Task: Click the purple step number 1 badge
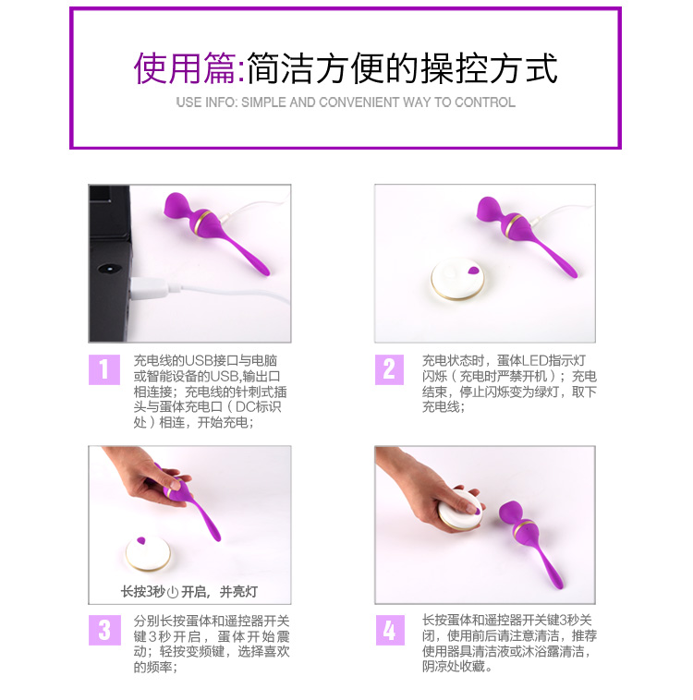tap(104, 369)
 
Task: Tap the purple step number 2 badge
tap(389, 369)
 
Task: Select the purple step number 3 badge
tap(104, 630)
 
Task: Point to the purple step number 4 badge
tap(390, 630)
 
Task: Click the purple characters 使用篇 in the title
tap(185, 68)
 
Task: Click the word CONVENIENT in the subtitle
tap(359, 103)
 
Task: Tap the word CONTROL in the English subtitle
tap(485, 103)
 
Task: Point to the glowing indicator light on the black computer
tap(108, 269)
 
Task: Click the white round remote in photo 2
tap(457, 279)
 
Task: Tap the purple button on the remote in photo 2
tap(473, 270)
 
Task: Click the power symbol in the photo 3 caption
tap(173, 592)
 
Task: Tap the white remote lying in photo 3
tap(148, 553)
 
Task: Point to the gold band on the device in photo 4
tap(523, 530)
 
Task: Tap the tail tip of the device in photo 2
tap(573, 273)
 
